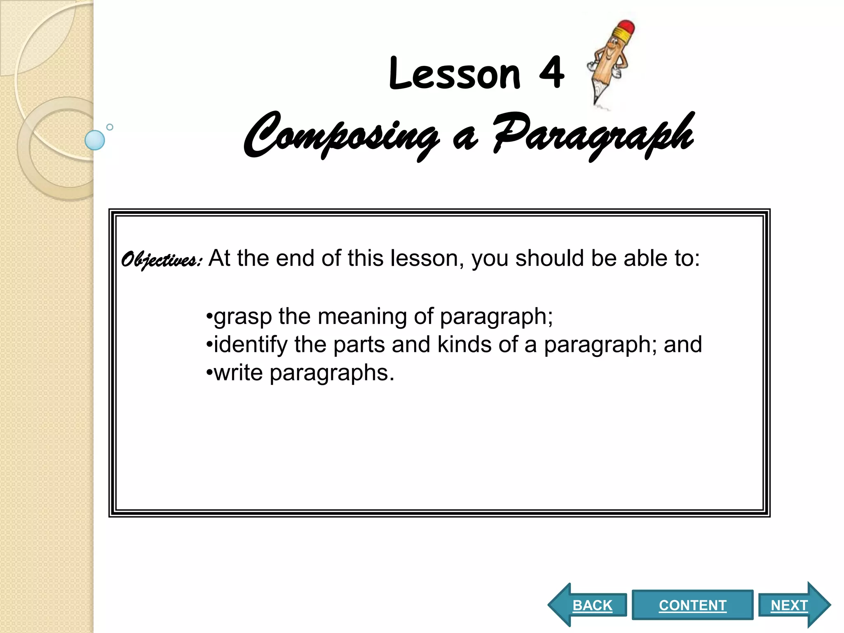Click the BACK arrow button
589,605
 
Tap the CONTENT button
692,605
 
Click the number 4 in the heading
551,73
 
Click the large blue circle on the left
95,140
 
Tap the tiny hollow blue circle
110,127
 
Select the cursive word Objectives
161,260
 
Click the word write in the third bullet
239,373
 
